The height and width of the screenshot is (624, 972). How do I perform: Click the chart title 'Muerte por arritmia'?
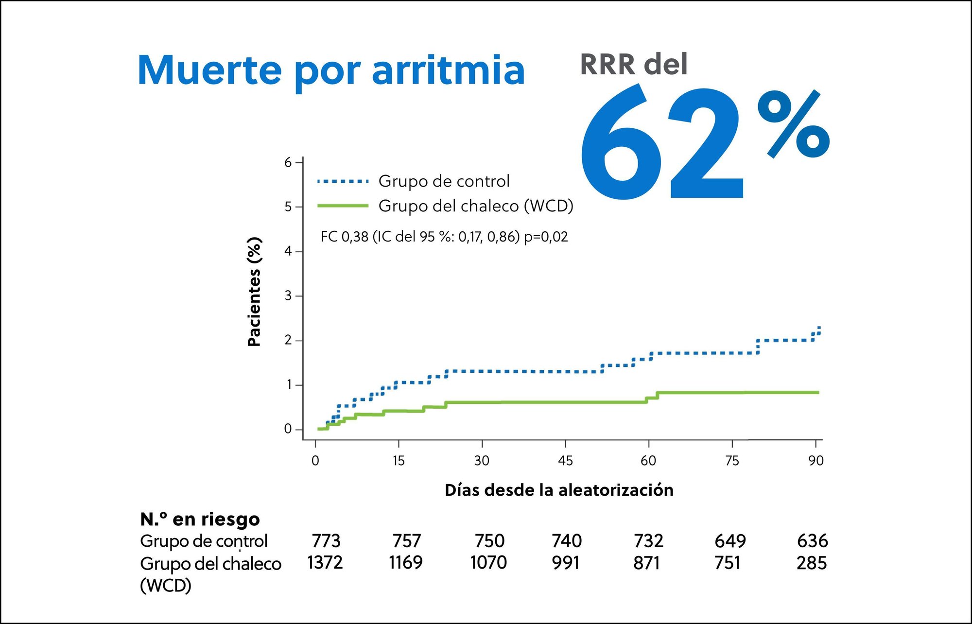click(x=331, y=70)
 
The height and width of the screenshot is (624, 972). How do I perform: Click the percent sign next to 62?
click(x=793, y=125)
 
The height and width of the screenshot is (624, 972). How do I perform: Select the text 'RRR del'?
click(x=634, y=65)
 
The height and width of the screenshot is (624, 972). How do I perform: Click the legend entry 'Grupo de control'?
click(x=444, y=181)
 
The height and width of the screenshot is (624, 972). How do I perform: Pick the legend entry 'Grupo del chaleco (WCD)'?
click(x=475, y=206)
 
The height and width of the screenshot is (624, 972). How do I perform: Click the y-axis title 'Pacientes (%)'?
click(x=254, y=292)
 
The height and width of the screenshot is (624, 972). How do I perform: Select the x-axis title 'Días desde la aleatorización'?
click(x=559, y=490)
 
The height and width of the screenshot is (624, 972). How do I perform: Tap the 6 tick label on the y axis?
click(x=288, y=163)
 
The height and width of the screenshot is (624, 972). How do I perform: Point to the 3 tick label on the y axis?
click(x=288, y=296)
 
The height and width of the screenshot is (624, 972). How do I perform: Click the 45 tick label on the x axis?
click(x=565, y=461)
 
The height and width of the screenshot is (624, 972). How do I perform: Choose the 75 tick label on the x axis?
click(x=732, y=461)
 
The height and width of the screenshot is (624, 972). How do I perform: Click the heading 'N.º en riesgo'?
click(x=200, y=520)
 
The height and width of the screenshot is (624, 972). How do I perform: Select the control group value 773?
click(x=326, y=541)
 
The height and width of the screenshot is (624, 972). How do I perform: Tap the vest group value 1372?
click(x=325, y=563)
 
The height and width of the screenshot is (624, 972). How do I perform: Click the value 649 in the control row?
click(x=730, y=541)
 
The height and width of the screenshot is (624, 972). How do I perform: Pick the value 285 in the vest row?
click(x=812, y=563)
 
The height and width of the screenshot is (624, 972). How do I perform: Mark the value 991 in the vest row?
click(x=565, y=563)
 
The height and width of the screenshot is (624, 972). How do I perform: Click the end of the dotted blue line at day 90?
click(x=819, y=328)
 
